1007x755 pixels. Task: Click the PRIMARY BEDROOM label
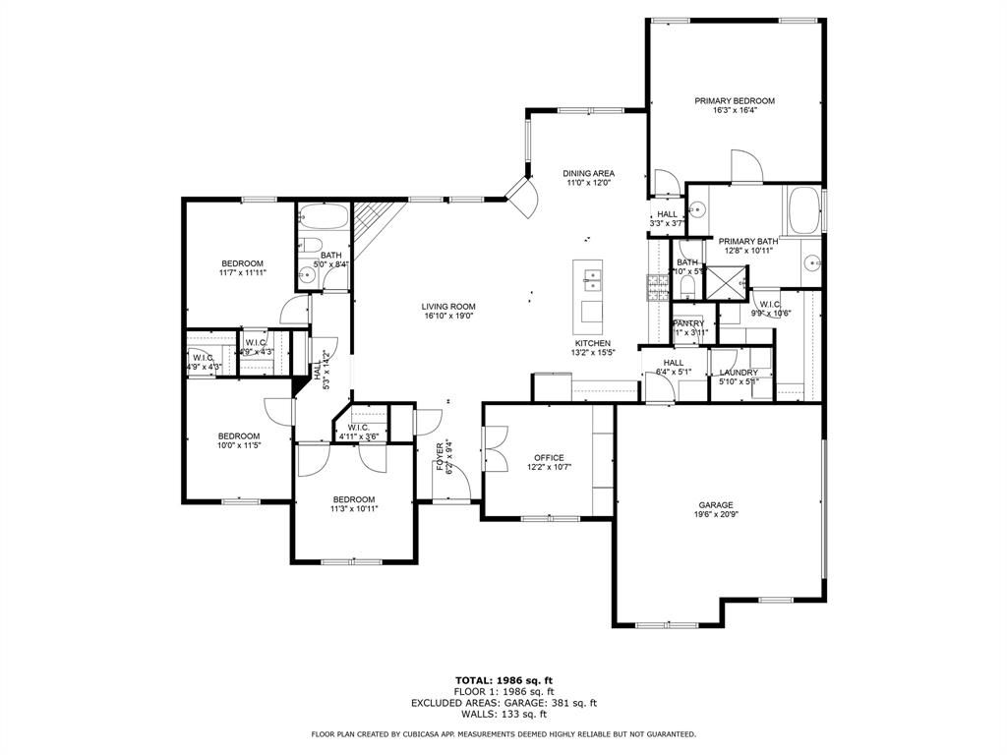pos(735,100)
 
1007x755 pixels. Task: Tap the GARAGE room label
pos(716,505)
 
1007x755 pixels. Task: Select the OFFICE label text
pos(549,457)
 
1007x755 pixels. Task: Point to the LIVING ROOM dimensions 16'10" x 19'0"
pos(449,317)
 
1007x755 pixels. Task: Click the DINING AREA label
pos(589,173)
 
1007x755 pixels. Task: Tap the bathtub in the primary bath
pos(800,208)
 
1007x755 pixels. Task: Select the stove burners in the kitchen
pos(656,286)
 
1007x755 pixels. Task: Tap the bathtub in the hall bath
pos(322,215)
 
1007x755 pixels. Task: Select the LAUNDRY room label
pos(739,373)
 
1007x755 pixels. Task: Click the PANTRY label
pos(688,323)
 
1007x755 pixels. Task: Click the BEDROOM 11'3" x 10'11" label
pos(353,498)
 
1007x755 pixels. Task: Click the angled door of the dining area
pos(521,197)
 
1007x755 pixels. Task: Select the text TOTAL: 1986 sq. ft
pos(503,680)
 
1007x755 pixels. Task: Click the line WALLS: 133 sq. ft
pos(503,715)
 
